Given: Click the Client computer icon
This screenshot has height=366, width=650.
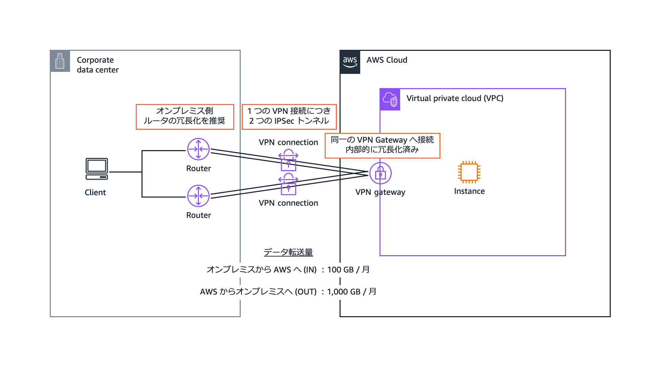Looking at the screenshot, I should coord(97,169).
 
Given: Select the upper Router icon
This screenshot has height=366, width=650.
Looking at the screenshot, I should coord(198,149).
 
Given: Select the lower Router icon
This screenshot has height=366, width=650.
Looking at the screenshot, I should coord(198,196).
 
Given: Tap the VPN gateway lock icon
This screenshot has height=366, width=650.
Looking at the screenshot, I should coord(380,173).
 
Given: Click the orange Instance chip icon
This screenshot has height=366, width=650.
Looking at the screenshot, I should coord(469,172).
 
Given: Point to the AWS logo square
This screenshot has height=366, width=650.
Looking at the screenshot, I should coord(350,62).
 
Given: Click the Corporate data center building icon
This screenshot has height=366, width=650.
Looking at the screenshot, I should coord(60,61).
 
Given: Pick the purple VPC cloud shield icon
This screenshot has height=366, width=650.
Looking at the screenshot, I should coord(390,100).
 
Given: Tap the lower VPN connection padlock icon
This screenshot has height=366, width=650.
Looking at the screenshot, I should coord(288,185).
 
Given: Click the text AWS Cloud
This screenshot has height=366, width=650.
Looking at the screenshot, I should coord(387,60).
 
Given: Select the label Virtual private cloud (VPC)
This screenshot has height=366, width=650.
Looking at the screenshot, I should coord(455,98).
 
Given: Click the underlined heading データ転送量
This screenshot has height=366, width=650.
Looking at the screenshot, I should coord(288,252).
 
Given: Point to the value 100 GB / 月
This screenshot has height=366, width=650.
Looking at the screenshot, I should coord(348,270).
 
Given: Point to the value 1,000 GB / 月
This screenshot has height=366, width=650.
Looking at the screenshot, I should coord(352,292).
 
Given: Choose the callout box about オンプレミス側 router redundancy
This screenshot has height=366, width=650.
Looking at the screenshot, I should coord(185,117).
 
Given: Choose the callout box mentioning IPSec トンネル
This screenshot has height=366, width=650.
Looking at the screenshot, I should coord(289,117).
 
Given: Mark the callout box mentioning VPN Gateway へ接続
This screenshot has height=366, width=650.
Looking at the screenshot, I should coord(382,145).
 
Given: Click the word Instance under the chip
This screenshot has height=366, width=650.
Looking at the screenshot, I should coord(469,191).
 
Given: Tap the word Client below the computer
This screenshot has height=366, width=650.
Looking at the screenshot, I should coord(95,192).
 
